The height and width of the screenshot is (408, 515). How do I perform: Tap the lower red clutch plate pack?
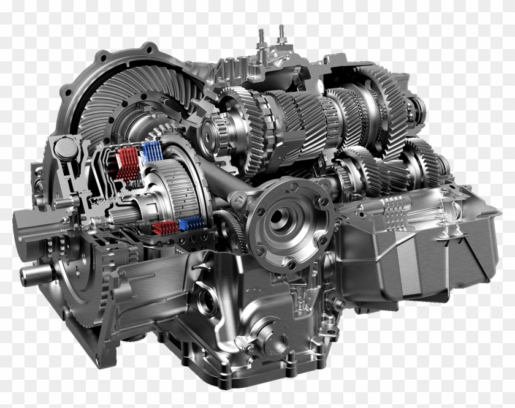coord(164,229)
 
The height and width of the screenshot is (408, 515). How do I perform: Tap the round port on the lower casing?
coord(207,301)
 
